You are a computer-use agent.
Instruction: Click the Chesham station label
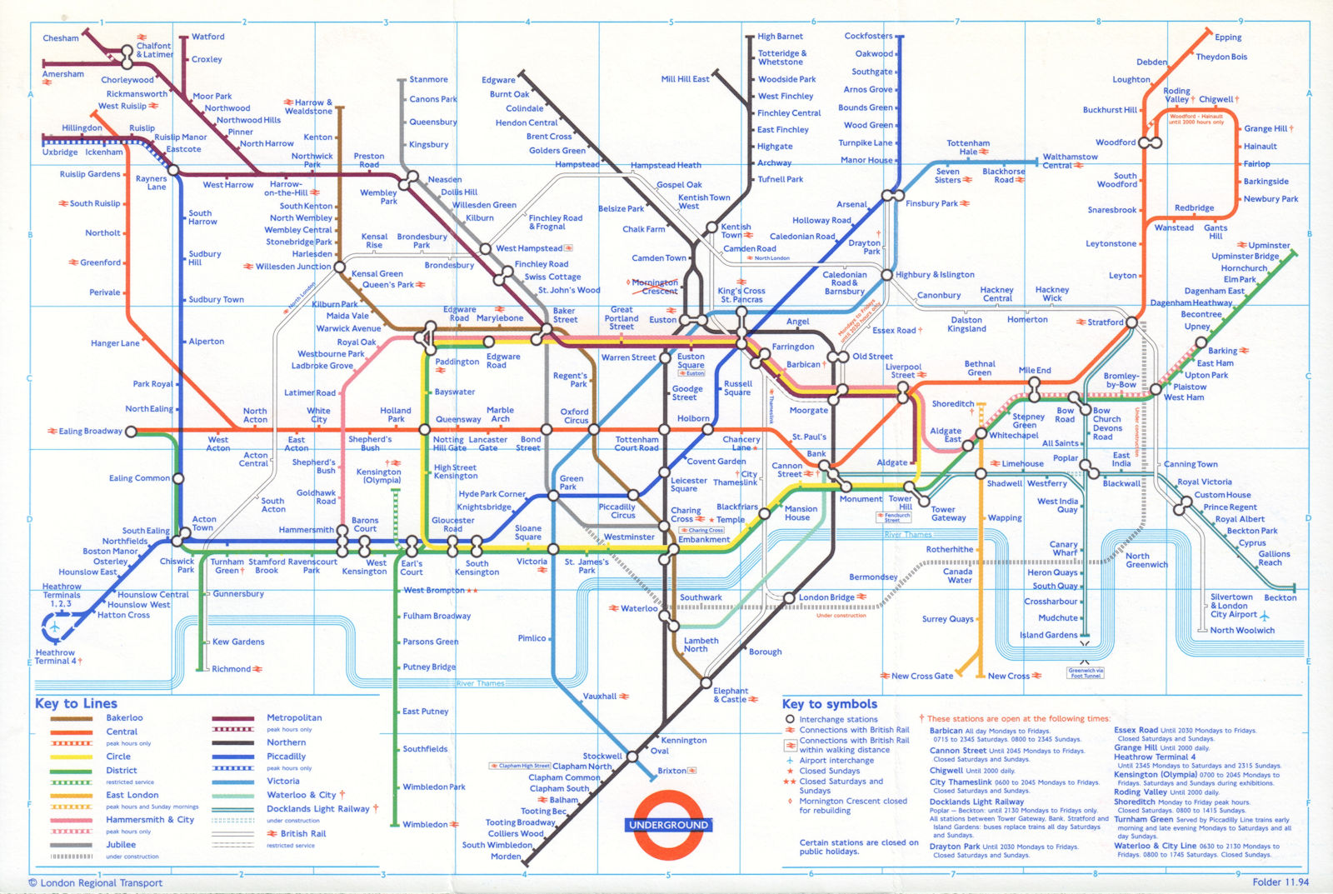[x=61, y=38]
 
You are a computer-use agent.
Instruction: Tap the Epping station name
[x=1228, y=37]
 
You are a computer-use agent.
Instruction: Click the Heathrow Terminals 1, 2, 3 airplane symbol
[x=55, y=626]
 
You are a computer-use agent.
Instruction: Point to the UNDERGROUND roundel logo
[x=668, y=824]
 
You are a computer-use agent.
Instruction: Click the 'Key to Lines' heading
[x=76, y=704]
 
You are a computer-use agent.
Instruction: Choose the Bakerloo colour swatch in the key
[x=71, y=718]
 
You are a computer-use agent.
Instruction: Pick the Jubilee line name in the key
[x=121, y=845]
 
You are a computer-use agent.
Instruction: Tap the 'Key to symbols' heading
[x=829, y=704]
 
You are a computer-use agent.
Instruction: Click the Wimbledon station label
[x=425, y=825]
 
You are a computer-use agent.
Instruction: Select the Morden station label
[x=506, y=857]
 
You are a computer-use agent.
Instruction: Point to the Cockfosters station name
[x=868, y=37]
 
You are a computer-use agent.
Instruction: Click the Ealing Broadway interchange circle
[x=130, y=432]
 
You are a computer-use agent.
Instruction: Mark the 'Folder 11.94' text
[x=1281, y=882]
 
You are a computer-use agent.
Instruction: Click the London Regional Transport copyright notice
[x=96, y=883]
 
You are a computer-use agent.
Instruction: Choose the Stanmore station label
[x=428, y=80]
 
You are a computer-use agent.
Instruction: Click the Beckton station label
[x=1280, y=597]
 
